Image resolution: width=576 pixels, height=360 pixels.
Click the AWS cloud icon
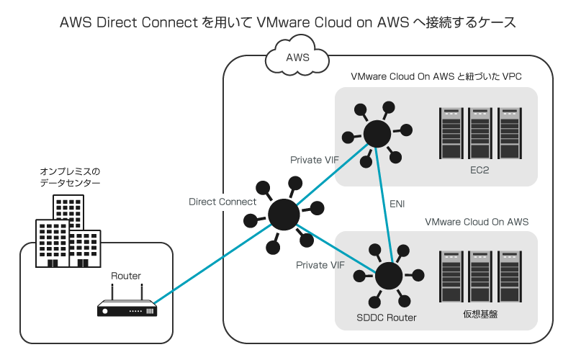[297, 58]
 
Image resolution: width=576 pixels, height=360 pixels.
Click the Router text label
[126, 276]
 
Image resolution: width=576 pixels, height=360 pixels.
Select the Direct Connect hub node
[284, 214]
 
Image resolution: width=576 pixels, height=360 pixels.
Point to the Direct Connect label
[222, 202]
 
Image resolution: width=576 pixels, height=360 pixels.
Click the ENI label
[397, 204]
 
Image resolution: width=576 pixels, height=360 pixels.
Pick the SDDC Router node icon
[389, 276]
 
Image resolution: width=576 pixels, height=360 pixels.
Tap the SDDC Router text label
[387, 318]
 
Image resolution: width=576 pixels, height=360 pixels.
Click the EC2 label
[480, 171]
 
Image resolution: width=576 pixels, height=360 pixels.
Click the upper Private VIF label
[314, 159]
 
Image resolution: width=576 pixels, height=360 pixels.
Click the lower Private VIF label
[320, 266]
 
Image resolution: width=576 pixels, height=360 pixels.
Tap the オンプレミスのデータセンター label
[70, 178]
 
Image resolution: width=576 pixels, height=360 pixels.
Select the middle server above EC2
[480, 134]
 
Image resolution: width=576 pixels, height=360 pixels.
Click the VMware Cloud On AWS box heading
[477, 222]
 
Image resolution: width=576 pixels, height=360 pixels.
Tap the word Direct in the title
[117, 22]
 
